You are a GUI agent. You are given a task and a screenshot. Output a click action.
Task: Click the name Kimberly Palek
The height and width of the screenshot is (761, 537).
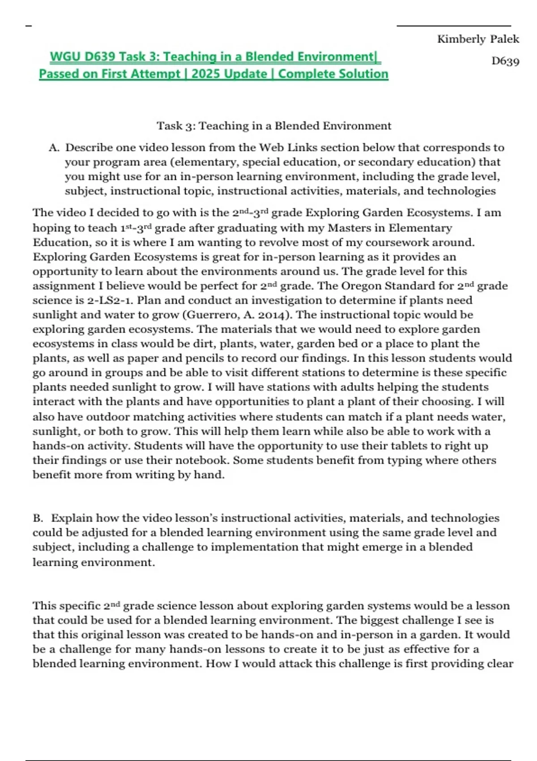tap(478, 39)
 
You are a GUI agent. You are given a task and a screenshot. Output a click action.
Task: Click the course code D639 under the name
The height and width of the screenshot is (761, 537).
tap(505, 61)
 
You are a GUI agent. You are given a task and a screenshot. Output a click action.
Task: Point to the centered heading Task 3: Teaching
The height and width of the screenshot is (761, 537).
tap(273, 126)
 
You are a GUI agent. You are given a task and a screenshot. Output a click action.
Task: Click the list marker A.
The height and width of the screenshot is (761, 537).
tap(54, 148)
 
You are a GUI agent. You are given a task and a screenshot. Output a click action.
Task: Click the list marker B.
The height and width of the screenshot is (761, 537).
tap(38, 518)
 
